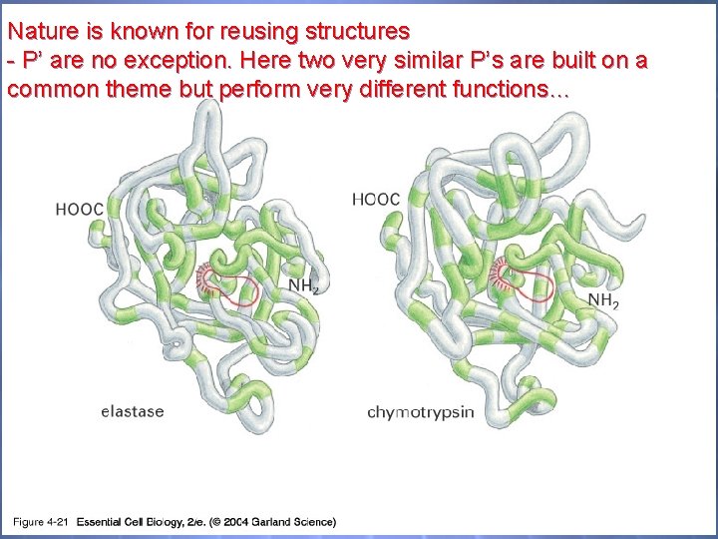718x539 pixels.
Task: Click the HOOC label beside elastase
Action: [x=80, y=210]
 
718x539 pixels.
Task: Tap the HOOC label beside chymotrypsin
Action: [x=376, y=200]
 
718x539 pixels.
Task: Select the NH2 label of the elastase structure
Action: [x=304, y=286]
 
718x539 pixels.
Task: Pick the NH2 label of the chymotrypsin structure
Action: [x=603, y=299]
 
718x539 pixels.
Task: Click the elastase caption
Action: [x=133, y=410]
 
